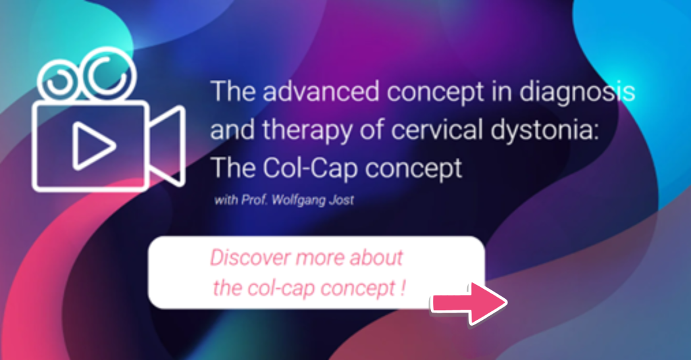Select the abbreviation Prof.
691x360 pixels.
[254, 200]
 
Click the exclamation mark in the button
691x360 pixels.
[403, 288]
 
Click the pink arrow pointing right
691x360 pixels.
[470, 304]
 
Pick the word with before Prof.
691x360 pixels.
[225, 200]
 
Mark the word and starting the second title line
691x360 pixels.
[232, 130]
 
